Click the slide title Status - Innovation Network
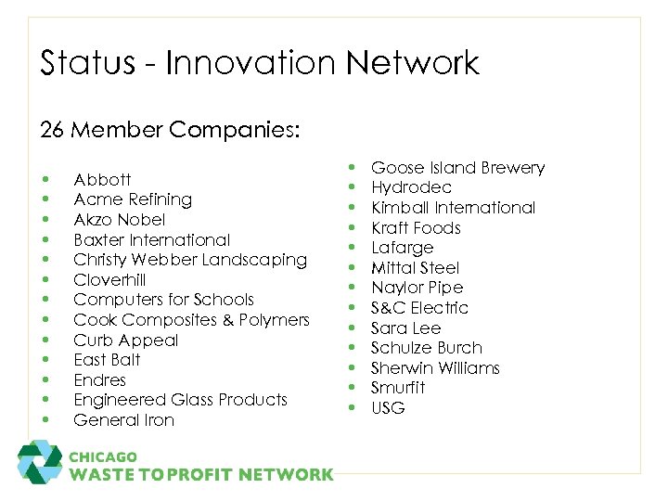coord(260,63)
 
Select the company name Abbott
coord(102,179)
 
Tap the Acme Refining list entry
coord(133,199)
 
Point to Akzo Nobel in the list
coord(119,220)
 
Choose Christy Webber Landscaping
coord(189,260)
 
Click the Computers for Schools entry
coord(163,300)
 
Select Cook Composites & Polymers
coord(191,320)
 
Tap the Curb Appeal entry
coord(126,340)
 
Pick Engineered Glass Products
coord(180,400)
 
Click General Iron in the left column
coord(123,420)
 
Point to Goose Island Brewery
coord(457,168)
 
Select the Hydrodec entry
coord(411,187)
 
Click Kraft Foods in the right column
coord(416,228)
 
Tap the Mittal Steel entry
coord(415,268)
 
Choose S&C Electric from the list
coord(419,308)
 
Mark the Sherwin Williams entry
coord(435,368)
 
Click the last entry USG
coord(388,408)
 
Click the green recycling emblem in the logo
coord(40,461)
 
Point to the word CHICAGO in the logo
coord(102,457)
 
